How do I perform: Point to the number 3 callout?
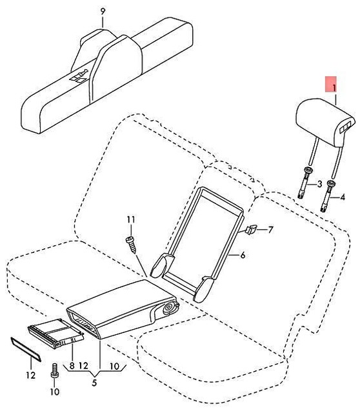(x=317, y=184)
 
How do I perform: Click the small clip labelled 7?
(x=251, y=229)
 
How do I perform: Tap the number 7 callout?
(x=270, y=229)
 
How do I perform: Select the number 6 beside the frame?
(x=243, y=256)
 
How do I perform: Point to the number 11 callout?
(x=129, y=221)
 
